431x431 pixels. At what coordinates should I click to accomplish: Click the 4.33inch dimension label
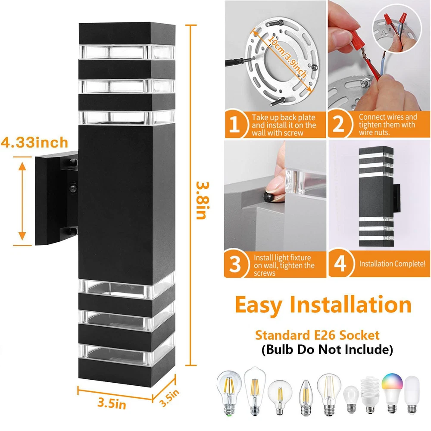[x=34, y=142]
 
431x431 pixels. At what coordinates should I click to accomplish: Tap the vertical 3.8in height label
[x=203, y=200]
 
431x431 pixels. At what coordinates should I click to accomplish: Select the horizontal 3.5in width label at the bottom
[x=112, y=403]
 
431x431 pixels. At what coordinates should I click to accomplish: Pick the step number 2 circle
[x=339, y=124]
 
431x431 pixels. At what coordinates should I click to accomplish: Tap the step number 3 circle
[x=235, y=264]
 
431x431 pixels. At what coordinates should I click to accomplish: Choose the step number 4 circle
[x=340, y=263]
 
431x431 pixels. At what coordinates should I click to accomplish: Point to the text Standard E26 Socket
[x=317, y=335]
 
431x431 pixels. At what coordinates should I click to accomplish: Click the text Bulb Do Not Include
[x=327, y=350]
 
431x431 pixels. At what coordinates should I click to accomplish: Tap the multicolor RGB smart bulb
[x=392, y=393]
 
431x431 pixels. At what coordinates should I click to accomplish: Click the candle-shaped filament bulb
[x=306, y=397]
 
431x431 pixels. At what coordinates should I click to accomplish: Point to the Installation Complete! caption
[x=392, y=264]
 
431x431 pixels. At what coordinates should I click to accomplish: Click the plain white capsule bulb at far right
[x=412, y=394]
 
